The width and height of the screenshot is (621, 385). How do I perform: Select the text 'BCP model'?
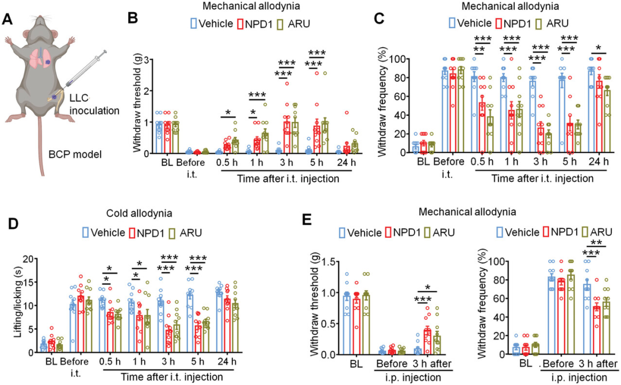click(x=75, y=154)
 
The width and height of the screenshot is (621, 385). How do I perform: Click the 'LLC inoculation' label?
click(x=94, y=104)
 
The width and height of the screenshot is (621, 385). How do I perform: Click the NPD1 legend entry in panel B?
click(x=255, y=24)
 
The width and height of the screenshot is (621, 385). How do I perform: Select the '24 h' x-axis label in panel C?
click(x=599, y=161)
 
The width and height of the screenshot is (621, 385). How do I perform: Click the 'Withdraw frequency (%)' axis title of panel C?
click(x=382, y=106)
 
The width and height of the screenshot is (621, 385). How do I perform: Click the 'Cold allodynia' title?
click(x=139, y=214)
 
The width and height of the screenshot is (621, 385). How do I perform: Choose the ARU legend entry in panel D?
click(x=186, y=232)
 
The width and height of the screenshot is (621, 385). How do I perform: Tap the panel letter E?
click(x=306, y=220)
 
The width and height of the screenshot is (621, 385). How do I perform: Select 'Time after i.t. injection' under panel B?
click(x=288, y=179)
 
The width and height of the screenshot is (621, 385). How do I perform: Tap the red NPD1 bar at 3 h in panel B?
click(x=287, y=138)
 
